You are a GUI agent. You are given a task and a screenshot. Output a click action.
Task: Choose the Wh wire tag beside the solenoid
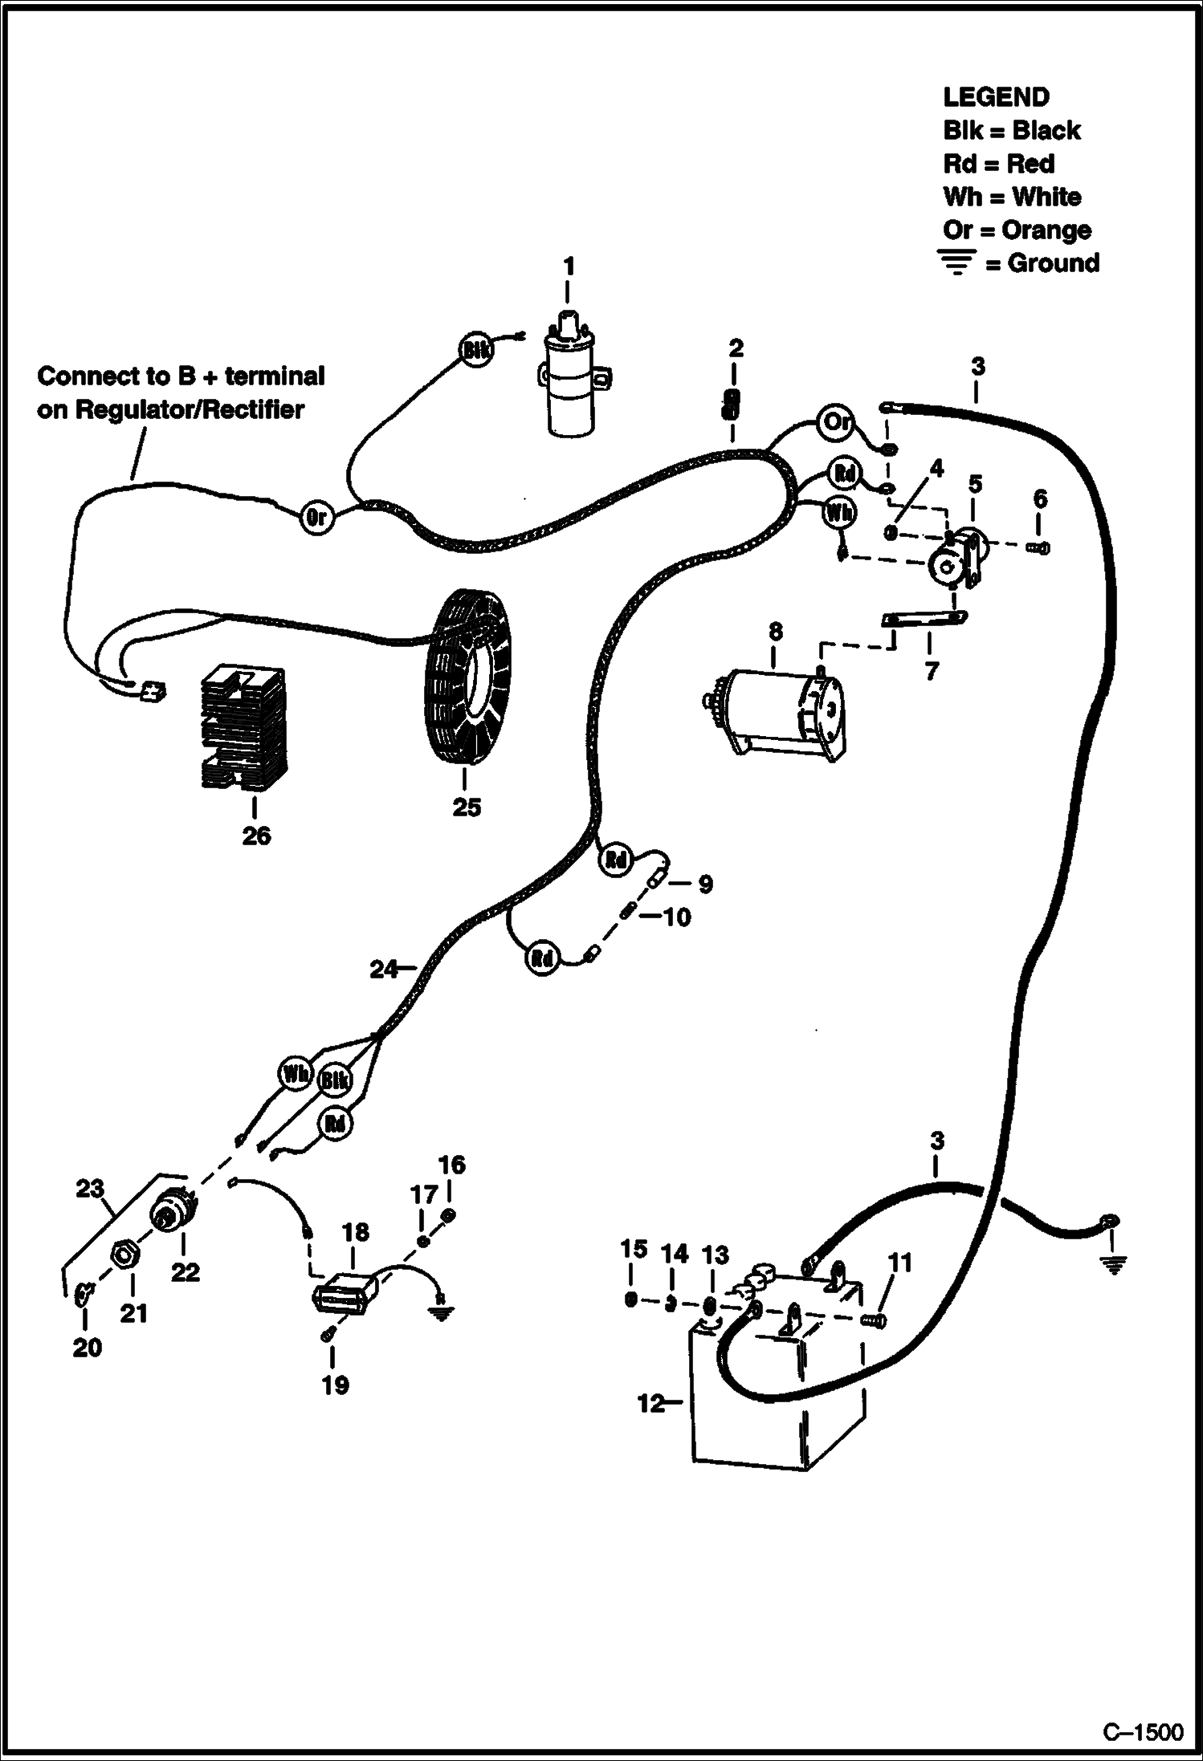tap(839, 512)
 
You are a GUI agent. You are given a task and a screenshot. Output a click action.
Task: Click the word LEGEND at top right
tap(996, 97)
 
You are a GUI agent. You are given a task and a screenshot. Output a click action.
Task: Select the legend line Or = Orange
tap(1017, 230)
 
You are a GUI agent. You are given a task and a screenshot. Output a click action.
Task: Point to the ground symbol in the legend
tap(956, 262)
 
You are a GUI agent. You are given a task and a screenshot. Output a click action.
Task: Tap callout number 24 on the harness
tap(382, 970)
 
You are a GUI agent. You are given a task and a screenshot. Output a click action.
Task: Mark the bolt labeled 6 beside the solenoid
tap(1038, 548)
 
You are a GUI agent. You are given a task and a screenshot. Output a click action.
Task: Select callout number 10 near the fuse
tap(676, 917)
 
